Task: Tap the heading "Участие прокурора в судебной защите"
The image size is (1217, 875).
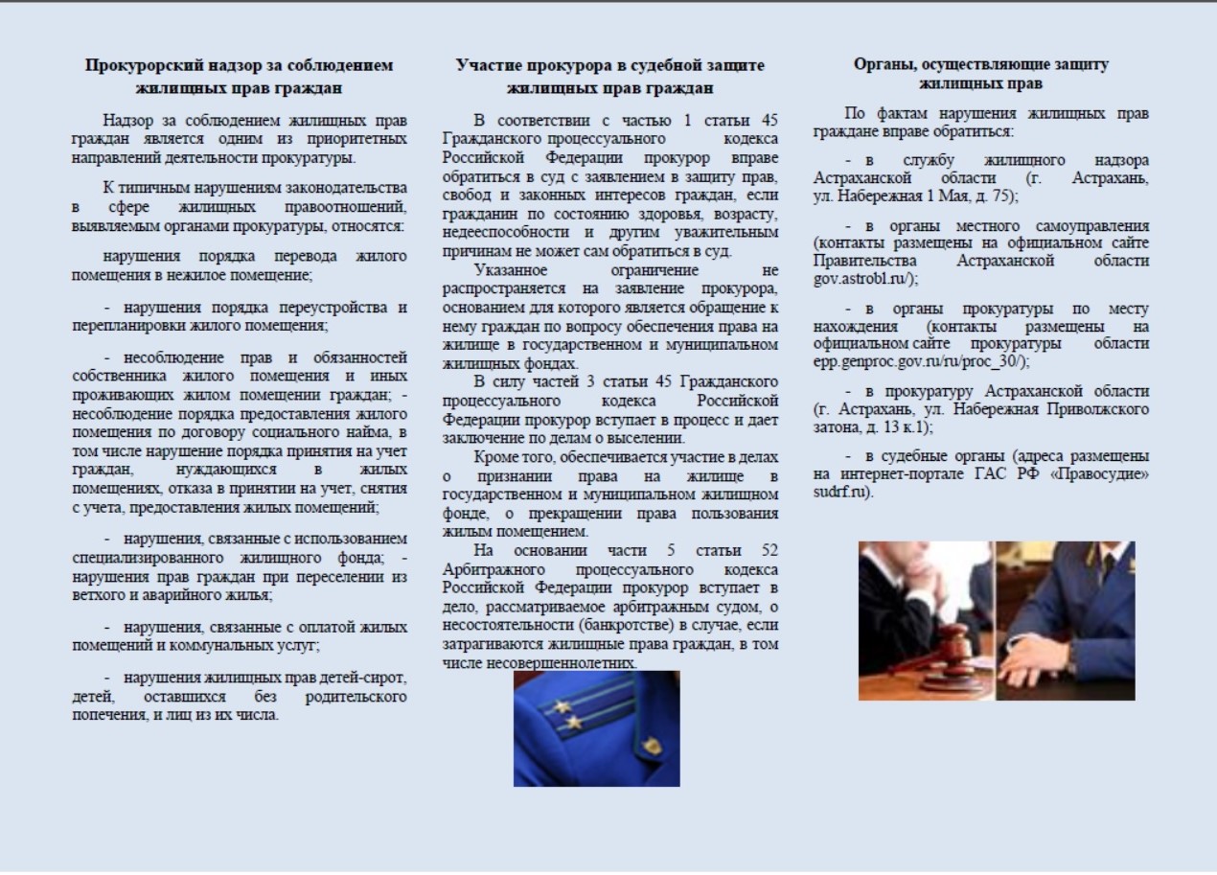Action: coord(609,66)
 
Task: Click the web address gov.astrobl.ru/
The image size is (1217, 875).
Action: coord(865,278)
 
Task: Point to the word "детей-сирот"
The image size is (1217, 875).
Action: coord(368,678)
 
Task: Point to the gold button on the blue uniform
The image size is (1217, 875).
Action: coord(652,745)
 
